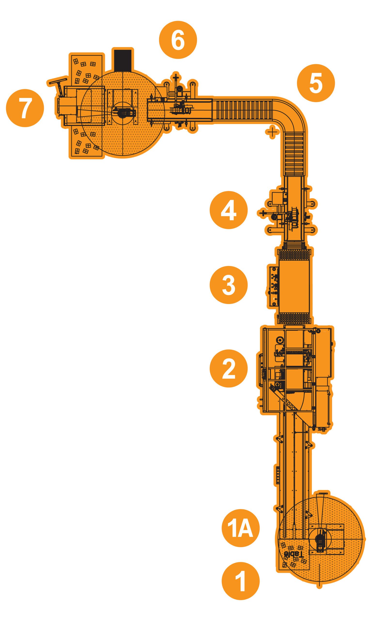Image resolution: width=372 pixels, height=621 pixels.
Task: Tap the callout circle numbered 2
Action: pos(229,368)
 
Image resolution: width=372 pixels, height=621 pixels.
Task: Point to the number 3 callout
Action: pos(229,285)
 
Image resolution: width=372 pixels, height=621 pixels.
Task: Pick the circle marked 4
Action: pos(229,210)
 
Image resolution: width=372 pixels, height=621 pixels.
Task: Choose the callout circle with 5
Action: pos(316,83)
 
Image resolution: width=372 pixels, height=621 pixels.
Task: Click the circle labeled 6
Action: pos(178,40)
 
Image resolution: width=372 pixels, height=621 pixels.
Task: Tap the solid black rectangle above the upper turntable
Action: pos(123,60)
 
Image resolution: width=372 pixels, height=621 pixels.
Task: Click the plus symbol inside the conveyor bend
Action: pos(272,132)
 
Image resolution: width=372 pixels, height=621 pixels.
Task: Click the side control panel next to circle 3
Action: pos(273,286)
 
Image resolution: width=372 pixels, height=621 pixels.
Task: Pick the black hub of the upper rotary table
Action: pos(124,113)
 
